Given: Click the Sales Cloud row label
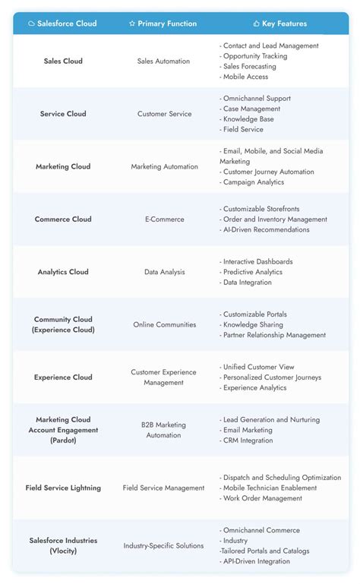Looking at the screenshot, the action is [x=62, y=61].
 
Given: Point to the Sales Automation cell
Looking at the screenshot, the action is [x=163, y=61].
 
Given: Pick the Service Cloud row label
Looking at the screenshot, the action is [x=63, y=114].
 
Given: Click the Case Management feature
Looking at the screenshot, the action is [x=251, y=109].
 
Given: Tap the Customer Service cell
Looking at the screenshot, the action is [x=163, y=114].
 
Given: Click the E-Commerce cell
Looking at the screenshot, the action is [x=164, y=219].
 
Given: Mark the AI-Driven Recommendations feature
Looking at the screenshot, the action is [x=266, y=229].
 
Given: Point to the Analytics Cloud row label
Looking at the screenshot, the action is [x=63, y=272].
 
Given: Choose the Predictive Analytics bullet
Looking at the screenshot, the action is [x=254, y=272].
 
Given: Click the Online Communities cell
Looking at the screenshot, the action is [x=163, y=324].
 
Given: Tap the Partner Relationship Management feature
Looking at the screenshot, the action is [x=274, y=335].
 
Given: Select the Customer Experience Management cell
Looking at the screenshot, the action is [x=163, y=377].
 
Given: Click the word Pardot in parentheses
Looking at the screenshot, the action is [x=63, y=440].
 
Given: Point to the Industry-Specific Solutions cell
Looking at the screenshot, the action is [x=163, y=545].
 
